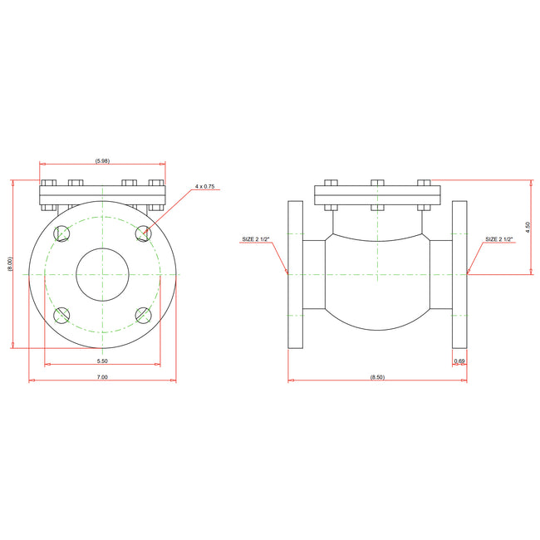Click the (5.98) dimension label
102,160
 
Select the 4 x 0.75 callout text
204,187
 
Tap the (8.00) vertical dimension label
10,264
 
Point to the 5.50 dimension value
102,361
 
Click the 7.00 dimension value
102,377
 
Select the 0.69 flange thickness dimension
459,361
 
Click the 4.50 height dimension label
528,226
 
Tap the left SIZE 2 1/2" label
256,239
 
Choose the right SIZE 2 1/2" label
499,239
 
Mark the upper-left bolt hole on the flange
61,233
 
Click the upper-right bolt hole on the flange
143,233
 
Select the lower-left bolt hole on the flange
61,315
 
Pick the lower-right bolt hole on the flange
143,315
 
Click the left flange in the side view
295,274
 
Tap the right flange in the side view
459,274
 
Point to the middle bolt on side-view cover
377,184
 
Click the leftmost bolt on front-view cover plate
47,184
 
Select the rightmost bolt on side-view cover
424,184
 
